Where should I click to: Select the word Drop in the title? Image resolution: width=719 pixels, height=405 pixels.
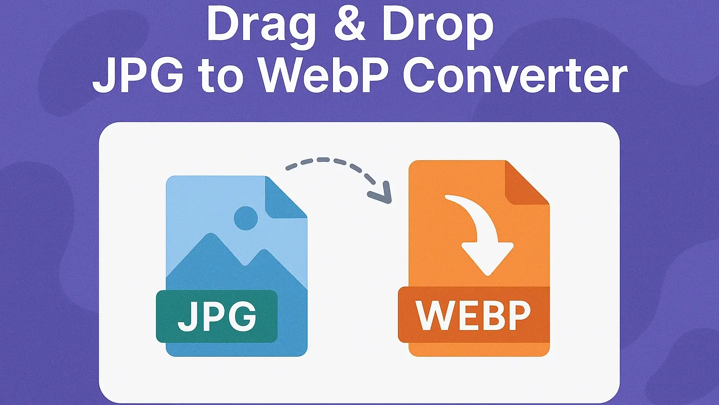[438, 27]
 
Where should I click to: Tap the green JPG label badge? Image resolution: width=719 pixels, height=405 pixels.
[217, 316]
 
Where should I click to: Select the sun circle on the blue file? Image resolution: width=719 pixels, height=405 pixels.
[245, 218]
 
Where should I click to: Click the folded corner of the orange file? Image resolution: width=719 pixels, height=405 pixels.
[524, 185]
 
